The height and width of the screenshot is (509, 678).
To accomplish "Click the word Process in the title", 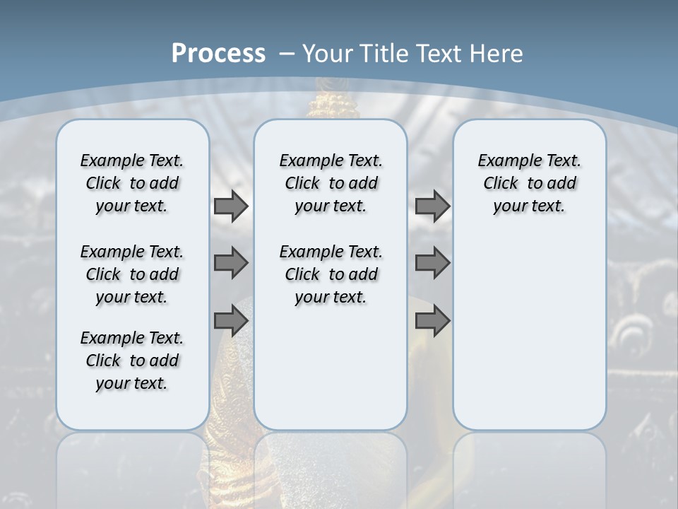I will click(x=218, y=54).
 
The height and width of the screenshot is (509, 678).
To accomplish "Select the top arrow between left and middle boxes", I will click(x=231, y=206).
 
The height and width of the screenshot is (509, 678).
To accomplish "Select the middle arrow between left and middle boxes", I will click(x=231, y=263).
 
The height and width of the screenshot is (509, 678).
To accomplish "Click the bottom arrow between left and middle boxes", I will click(x=231, y=320).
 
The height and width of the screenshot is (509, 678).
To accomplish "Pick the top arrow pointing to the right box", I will click(x=432, y=206).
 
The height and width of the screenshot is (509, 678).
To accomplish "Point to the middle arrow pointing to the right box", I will click(x=432, y=263).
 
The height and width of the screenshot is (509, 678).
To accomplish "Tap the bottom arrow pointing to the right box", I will click(x=432, y=320).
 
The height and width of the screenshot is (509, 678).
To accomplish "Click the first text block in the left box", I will click(x=132, y=183).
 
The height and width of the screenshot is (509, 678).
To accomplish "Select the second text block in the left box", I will click(x=132, y=274).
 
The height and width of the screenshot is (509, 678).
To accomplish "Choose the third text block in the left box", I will click(x=132, y=361).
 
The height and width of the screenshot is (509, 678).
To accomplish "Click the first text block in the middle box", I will click(x=331, y=183).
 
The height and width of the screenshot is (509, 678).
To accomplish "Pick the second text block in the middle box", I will click(x=331, y=274).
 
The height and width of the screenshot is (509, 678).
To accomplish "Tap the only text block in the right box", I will click(x=529, y=183).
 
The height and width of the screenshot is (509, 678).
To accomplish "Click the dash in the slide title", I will click(x=287, y=54).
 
